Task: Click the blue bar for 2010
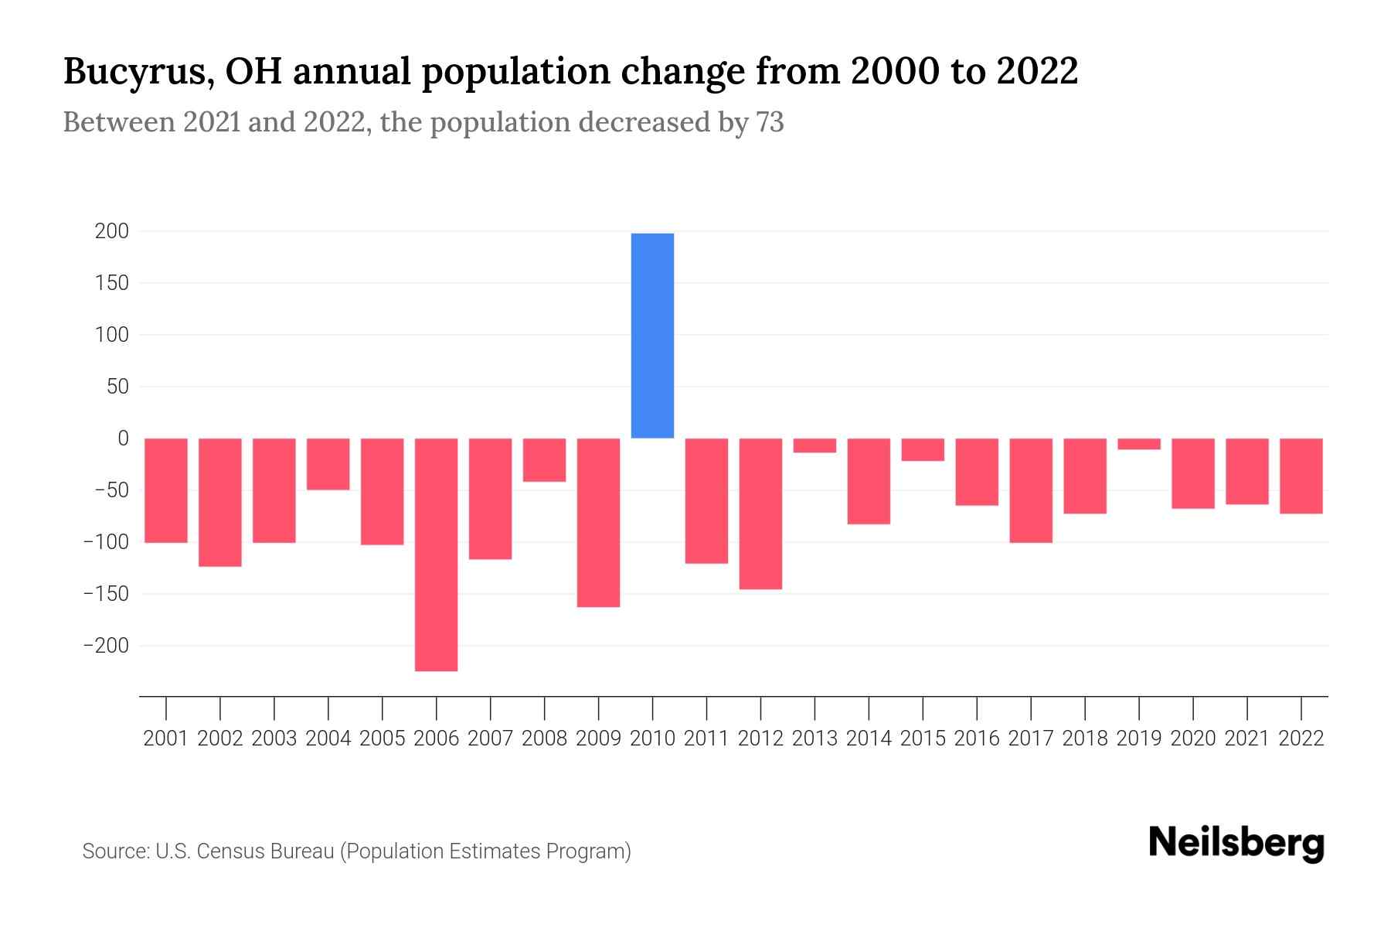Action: [652, 335]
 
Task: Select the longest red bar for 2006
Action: [436, 554]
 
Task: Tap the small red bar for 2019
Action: [1138, 444]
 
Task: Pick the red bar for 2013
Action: [815, 445]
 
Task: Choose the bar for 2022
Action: [1301, 476]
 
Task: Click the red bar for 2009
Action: [598, 522]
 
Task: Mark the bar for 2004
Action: [328, 463]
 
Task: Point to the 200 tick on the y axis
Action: [112, 231]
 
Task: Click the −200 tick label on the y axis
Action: [106, 646]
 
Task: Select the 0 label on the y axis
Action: [123, 438]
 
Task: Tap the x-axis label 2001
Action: [166, 739]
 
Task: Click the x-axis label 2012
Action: [760, 739]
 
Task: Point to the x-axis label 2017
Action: [1031, 739]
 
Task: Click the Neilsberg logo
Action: [1236, 843]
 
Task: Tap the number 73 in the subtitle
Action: [770, 123]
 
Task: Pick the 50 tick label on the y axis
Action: [117, 387]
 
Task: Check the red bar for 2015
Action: [923, 449]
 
